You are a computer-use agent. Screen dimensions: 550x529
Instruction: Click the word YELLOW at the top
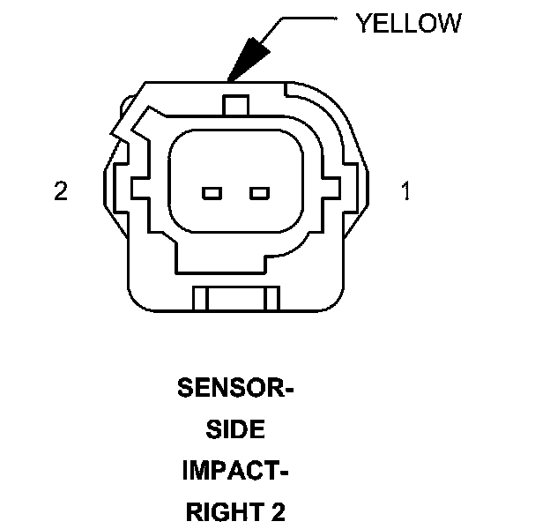[x=408, y=24]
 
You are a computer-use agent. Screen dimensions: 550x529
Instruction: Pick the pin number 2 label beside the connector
[x=61, y=191]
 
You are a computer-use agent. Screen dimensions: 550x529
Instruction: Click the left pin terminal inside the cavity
[x=212, y=193]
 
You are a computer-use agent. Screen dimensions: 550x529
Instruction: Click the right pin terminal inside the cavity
[x=258, y=193]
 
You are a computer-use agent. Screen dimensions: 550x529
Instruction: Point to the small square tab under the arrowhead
[x=234, y=104]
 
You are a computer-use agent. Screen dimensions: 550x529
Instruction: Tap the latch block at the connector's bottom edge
[x=235, y=299]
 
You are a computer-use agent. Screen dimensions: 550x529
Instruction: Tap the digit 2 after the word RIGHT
[x=279, y=512]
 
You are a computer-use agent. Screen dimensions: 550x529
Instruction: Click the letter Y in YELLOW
[x=363, y=24]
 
